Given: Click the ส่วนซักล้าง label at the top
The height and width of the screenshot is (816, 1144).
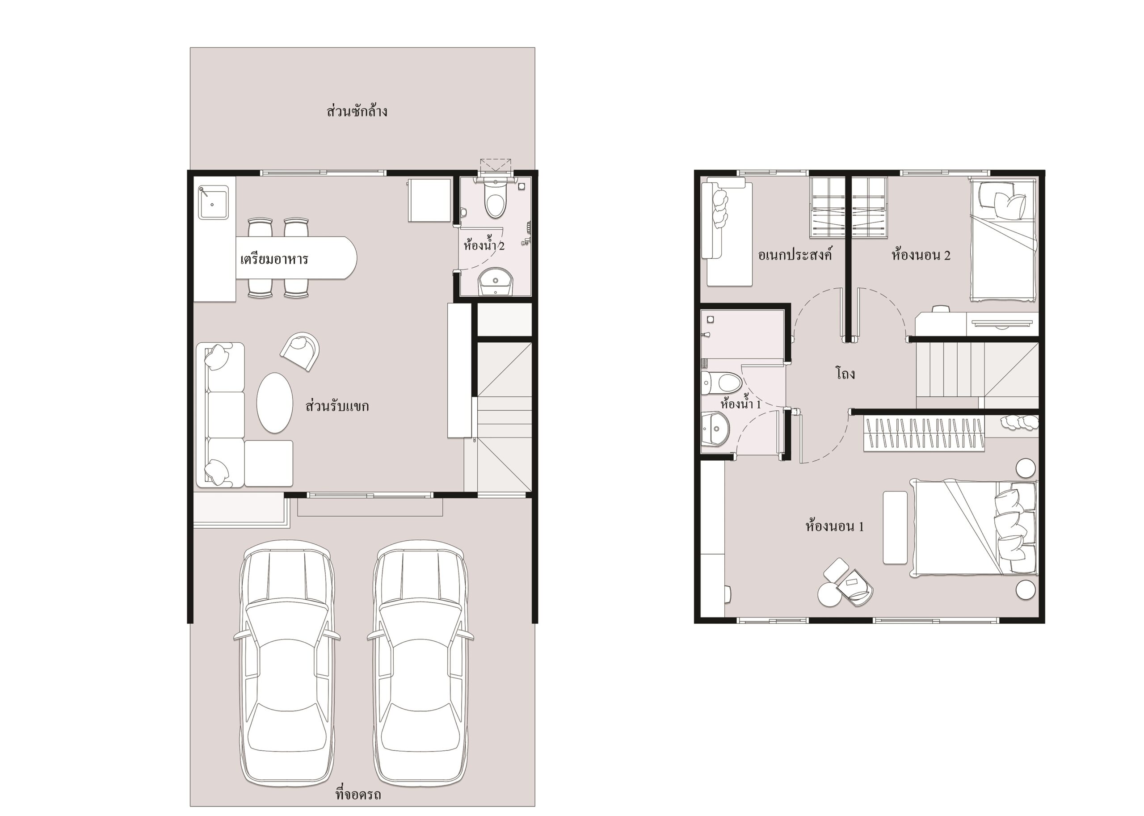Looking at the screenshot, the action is tap(357, 110).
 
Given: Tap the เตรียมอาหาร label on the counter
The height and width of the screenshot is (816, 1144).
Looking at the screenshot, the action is tap(274, 259).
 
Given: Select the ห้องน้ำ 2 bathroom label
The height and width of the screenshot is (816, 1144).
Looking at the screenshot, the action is tap(484, 245).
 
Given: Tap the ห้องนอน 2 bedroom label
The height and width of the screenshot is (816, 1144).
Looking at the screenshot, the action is tap(921, 255).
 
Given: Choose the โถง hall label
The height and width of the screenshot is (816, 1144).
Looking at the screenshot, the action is tap(845, 373).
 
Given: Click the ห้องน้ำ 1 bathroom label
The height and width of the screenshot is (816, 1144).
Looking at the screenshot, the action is tap(740, 404).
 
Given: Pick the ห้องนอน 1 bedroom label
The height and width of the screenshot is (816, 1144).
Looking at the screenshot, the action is tap(834, 526).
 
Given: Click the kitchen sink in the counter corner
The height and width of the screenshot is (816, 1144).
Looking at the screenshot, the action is tap(213, 202).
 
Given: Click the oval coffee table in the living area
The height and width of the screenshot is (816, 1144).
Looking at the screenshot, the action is tap(274, 403).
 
